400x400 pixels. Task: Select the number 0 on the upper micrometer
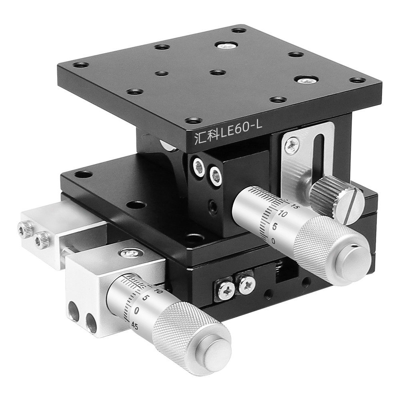(x=273, y=241)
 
